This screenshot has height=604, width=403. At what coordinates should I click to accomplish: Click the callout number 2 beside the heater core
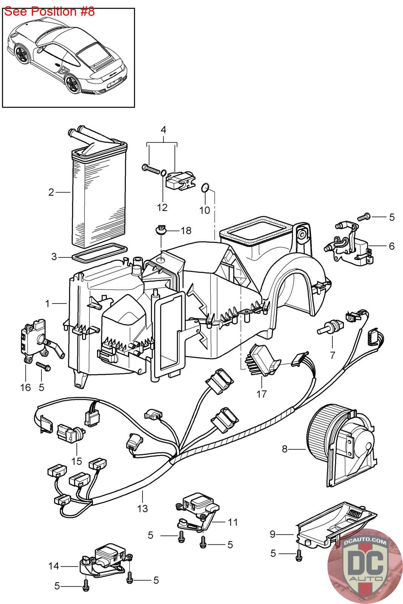[51, 192]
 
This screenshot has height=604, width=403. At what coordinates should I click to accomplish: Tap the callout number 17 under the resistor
[261, 394]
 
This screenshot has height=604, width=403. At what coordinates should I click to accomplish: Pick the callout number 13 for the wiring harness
[142, 508]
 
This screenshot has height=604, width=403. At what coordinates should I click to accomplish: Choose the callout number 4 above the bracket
[163, 130]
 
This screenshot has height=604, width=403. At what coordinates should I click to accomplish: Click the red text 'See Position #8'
[49, 11]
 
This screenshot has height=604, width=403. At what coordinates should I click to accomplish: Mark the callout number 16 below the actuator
[25, 387]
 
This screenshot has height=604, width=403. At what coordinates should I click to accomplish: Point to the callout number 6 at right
[391, 246]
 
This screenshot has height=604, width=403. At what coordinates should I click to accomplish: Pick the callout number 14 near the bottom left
[54, 566]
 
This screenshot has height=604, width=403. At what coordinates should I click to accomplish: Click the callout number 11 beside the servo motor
[233, 522]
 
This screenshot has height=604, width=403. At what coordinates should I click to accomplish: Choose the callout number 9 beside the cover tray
[272, 534]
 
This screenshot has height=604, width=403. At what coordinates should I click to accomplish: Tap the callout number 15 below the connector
[77, 461]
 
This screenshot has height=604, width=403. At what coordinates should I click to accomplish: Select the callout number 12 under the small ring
[162, 208]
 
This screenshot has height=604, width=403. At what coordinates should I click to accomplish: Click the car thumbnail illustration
[68, 59]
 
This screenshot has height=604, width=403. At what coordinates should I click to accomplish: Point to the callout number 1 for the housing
[48, 303]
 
